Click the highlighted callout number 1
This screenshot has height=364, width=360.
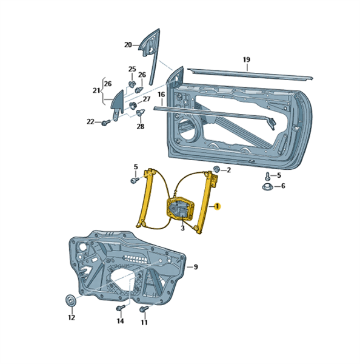click(x=218, y=206)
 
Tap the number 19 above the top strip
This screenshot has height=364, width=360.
click(x=247, y=59)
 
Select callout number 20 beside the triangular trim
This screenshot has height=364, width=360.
click(x=128, y=45)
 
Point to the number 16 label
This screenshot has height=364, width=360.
click(x=161, y=95)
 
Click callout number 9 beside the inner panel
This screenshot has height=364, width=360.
click(x=196, y=267)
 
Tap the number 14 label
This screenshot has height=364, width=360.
click(x=120, y=321)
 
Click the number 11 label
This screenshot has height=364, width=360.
click(x=144, y=323)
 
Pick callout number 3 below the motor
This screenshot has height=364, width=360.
click(x=183, y=228)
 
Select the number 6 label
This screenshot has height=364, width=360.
click(x=283, y=186)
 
